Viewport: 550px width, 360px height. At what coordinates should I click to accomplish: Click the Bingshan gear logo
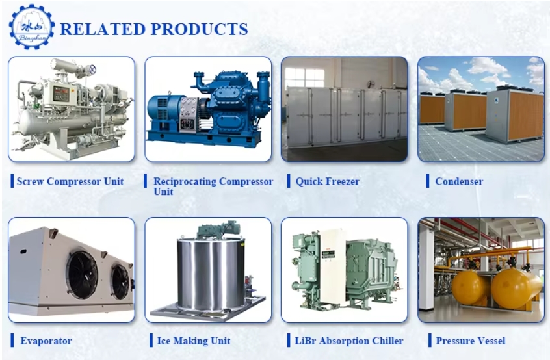point(32,27)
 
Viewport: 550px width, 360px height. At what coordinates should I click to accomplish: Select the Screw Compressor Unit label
point(70,181)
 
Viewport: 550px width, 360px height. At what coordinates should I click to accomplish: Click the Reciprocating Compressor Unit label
point(213,186)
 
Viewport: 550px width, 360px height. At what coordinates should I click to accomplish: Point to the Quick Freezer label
point(328,181)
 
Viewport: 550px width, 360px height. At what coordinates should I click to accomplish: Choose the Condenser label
point(459,181)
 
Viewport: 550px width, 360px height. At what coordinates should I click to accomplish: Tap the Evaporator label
point(46,341)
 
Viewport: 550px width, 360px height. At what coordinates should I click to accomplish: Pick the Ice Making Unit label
point(194,341)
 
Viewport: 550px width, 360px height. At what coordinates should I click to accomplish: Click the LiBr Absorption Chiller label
point(349,341)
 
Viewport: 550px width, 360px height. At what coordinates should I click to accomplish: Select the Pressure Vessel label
point(471,341)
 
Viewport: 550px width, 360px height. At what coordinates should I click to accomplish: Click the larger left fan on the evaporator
point(83,275)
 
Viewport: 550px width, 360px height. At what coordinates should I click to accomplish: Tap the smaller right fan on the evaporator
point(120,282)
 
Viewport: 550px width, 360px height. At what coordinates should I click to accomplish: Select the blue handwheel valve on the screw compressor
point(92,69)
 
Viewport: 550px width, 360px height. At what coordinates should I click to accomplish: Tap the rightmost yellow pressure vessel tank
point(515,288)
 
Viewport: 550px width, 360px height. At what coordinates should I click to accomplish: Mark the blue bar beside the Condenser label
point(428,181)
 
